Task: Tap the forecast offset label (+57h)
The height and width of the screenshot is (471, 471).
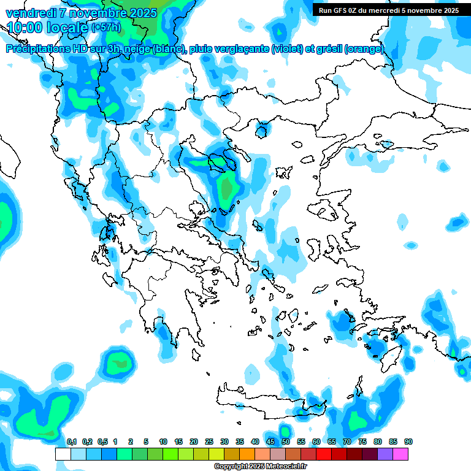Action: pyautogui.click(x=105, y=28)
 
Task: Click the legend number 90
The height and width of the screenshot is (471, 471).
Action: pyautogui.click(x=408, y=442)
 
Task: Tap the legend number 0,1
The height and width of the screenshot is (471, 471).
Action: pyautogui.click(x=72, y=442)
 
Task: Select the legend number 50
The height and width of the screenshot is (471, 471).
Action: pyautogui.click(x=286, y=442)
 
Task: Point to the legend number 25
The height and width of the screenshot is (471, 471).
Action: pyautogui.click(x=209, y=442)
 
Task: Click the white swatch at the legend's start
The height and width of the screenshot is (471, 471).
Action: pyautogui.click(x=63, y=454)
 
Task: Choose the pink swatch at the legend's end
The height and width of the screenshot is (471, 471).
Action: pyautogui.click(x=400, y=454)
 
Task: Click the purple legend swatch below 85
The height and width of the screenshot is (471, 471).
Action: pyautogui.click(x=385, y=454)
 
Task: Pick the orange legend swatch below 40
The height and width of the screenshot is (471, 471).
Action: pyautogui.click(x=247, y=454)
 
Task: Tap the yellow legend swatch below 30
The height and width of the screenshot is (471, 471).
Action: pyautogui.click(x=216, y=454)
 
